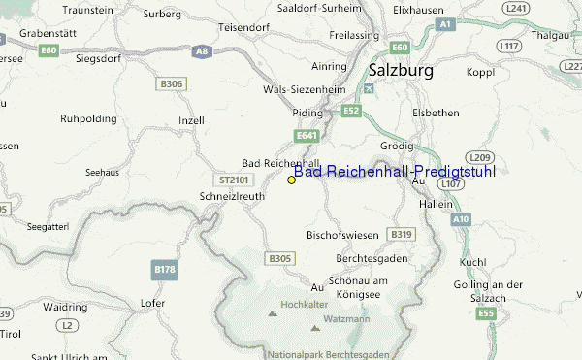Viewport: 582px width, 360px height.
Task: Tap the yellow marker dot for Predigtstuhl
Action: tap(292, 180)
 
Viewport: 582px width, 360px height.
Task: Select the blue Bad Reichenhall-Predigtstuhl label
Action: tap(395, 171)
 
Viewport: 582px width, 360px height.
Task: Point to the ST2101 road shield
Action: tap(235, 180)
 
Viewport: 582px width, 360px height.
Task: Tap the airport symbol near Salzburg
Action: tap(367, 89)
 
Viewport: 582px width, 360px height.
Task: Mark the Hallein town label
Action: tap(434, 206)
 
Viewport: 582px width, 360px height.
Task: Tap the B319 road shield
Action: tap(401, 234)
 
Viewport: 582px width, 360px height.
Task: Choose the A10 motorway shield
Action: tap(460, 220)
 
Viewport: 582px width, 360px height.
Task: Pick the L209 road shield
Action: tap(477, 156)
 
